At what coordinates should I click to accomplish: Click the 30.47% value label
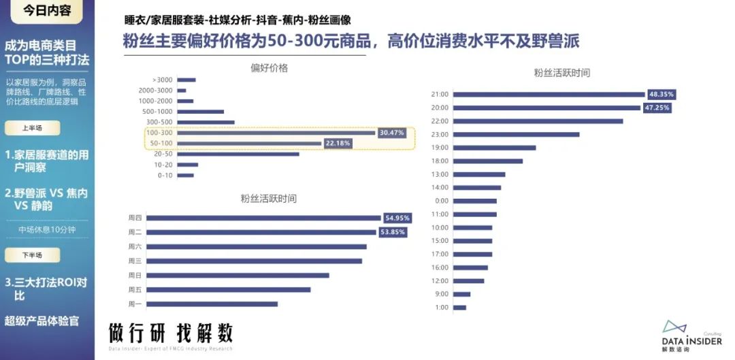pyautogui.click(x=391, y=133)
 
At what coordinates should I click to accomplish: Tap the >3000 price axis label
pyautogui.click(x=163, y=80)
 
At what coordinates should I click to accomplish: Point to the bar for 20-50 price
pyautogui.click(x=238, y=154)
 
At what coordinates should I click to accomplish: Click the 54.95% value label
pyautogui.click(x=397, y=218)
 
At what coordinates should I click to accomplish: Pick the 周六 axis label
pyautogui.click(x=135, y=246)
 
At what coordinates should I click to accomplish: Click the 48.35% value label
pyautogui.click(x=661, y=94)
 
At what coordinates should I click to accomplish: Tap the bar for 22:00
pyautogui.click(x=538, y=121)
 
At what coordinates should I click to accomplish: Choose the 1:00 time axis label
pyautogui.click(x=442, y=308)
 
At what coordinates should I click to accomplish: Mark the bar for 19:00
pyautogui.click(x=494, y=148)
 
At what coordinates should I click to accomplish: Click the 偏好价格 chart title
pyautogui.click(x=269, y=67)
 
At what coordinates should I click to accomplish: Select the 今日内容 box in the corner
pyautogui.click(x=47, y=11)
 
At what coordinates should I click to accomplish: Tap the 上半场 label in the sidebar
pyautogui.click(x=32, y=128)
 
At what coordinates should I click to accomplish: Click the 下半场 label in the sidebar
pyautogui.click(x=32, y=255)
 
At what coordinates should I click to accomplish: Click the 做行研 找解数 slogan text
pyautogui.click(x=171, y=333)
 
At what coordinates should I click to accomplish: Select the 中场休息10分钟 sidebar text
pyautogui.click(x=47, y=229)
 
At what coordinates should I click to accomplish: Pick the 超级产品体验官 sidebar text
pyautogui.click(x=42, y=321)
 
